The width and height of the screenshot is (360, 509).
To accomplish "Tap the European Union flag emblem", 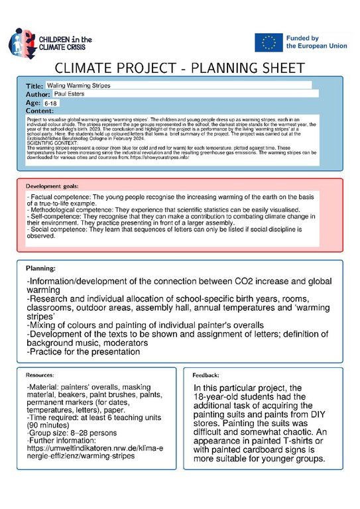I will pos(268,42).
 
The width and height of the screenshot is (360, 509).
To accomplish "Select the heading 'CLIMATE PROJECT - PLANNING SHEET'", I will pos(180,68).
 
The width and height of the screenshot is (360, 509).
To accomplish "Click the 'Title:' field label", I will pos(34,86).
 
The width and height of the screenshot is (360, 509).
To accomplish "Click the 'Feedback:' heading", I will pos(206,375).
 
